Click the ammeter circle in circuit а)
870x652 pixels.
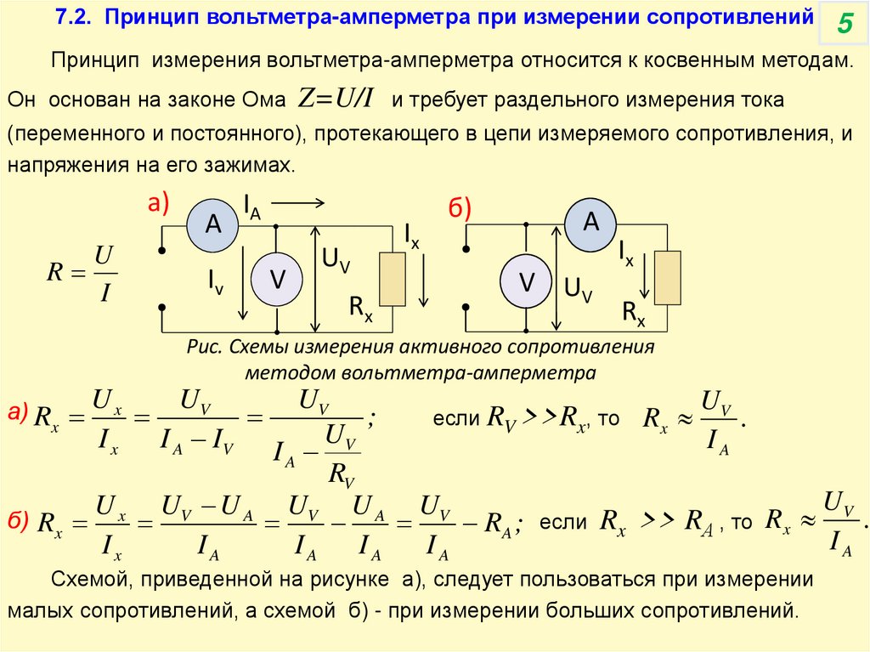tap(212, 224)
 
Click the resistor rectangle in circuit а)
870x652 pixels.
tap(392, 278)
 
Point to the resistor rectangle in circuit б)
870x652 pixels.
tap(669, 278)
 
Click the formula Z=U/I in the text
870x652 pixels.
tap(336, 99)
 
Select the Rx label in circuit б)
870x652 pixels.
tap(633, 314)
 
